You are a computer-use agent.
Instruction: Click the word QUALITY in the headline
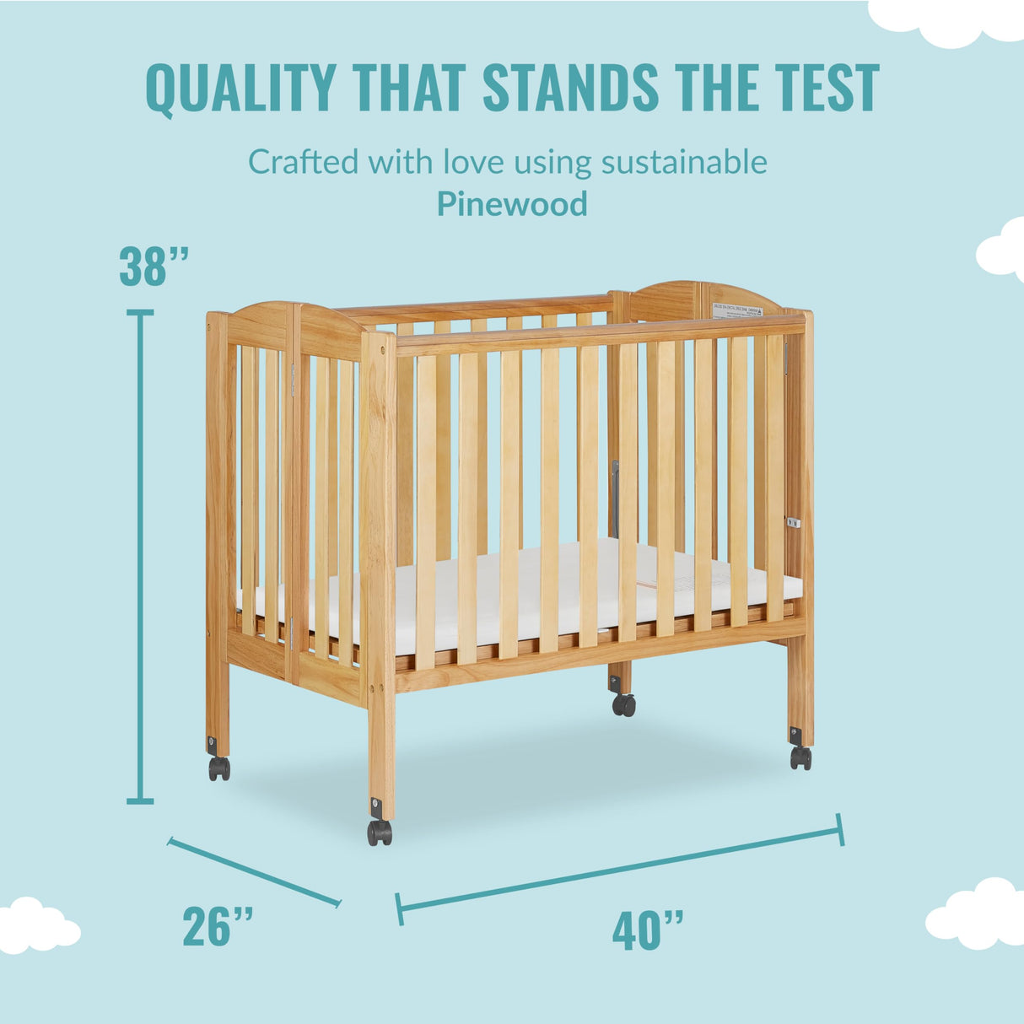240,88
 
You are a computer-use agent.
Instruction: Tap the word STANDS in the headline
570,88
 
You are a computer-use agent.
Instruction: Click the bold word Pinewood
512,204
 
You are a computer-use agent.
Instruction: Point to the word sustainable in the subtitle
684,161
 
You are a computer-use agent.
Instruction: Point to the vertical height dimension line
140,557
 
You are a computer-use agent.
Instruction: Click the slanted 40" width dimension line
620,870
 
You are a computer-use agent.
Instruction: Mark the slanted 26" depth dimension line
254,872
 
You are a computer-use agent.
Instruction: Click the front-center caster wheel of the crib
380,833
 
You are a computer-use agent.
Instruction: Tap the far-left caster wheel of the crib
219,768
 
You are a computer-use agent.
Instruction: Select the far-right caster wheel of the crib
800,757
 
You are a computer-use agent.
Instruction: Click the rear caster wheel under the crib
624,704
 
